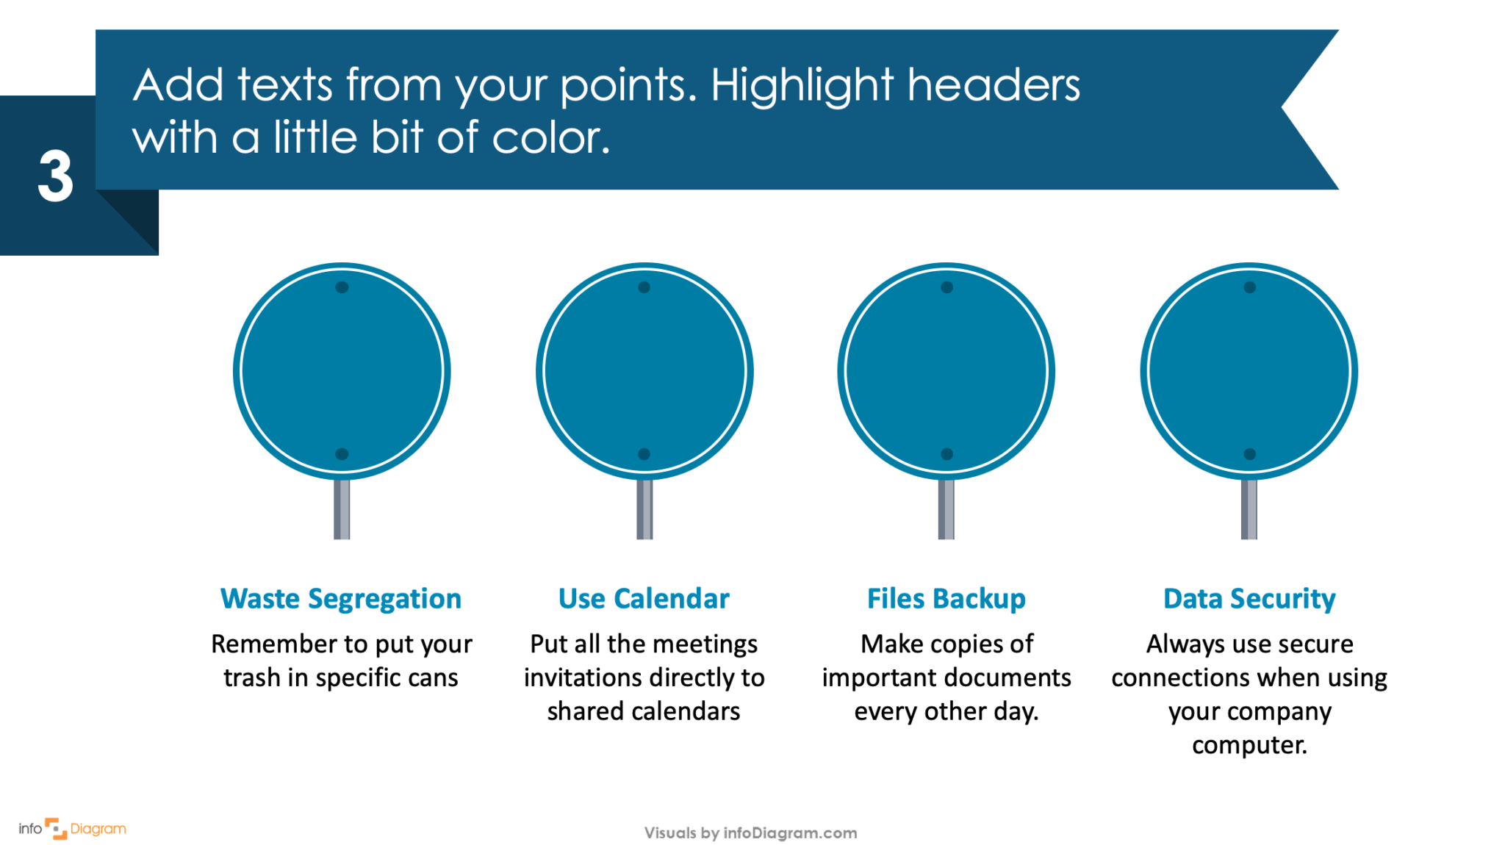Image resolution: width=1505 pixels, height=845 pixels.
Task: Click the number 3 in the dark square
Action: [x=56, y=176]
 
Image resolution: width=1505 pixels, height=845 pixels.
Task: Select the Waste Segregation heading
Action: [x=341, y=599]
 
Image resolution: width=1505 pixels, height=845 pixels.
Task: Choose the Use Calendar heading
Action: [x=644, y=599]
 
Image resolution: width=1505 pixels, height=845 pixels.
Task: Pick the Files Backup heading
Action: [x=947, y=599]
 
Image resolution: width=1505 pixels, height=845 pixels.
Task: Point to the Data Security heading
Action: [x=1249, y=599]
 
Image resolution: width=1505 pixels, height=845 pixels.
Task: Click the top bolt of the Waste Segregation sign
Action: [x=342, y=287]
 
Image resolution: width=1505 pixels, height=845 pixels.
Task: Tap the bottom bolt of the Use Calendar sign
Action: [x=644, y=454]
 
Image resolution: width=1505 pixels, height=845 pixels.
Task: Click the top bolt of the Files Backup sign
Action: [x=947, y=287]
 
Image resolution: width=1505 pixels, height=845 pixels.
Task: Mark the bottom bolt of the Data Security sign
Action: [x=1250, y=454]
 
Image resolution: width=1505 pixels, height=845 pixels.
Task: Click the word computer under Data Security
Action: [x=1249, y=745]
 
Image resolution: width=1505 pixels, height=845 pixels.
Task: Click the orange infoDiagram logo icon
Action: [x=56, y=828]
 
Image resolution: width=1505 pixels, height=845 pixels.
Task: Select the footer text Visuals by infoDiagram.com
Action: [x=750, y=833]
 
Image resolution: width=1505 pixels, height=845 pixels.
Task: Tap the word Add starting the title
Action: [x=178, y=86]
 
